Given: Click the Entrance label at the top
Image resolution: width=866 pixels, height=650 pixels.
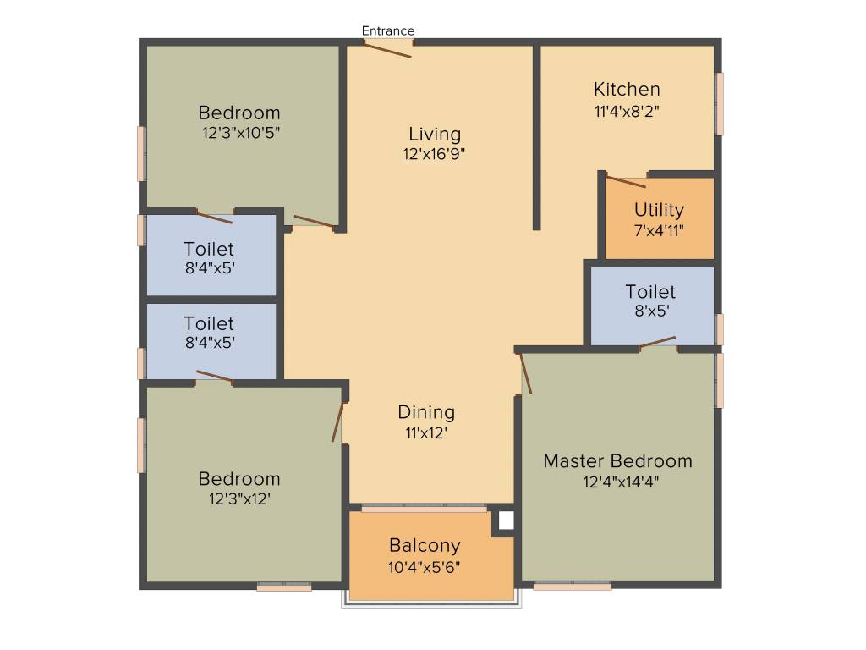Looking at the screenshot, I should click(388, 30).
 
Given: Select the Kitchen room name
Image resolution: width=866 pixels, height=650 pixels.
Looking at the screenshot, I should click(627, 89).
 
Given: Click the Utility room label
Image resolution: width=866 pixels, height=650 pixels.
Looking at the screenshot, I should click(659, 209).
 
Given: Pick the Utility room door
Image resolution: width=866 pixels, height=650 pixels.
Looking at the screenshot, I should click(627, 181).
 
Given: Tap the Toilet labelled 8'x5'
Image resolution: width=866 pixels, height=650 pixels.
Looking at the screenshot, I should click(650, 291).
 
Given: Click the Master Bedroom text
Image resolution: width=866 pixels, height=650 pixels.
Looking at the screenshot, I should click(617, 461).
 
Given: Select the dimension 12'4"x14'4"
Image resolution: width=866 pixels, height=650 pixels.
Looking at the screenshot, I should click(621, 482).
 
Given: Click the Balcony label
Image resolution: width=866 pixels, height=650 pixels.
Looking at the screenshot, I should click(425, 545).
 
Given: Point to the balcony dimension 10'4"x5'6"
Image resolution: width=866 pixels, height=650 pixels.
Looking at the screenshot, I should click(425, 566).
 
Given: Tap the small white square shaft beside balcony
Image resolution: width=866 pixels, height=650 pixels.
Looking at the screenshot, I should click(505, 521).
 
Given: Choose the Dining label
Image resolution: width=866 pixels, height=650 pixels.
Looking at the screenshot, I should click(426, 412).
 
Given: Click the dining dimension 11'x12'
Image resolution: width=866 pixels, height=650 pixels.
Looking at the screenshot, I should click(426, 432).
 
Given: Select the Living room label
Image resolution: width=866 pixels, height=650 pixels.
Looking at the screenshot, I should click(435, 134).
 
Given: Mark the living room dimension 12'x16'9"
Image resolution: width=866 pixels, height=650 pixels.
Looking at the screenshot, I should click(435, 154).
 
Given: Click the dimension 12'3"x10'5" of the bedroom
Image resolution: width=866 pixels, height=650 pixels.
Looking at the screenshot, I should click(241, 133).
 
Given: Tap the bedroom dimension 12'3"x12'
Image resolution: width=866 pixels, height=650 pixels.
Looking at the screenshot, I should click(239, 499).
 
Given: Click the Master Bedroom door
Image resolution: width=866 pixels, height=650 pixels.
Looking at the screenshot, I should click(526, 373).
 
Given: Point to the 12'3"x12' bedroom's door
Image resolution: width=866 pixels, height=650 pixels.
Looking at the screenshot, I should click(339, 421).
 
